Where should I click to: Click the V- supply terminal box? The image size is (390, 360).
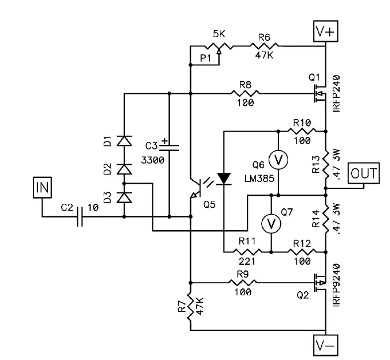coord(325,345)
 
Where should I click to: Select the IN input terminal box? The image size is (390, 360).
coord(42,187)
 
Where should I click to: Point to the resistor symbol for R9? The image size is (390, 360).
coord(245,282)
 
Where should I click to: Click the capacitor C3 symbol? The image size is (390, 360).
coord(170,146)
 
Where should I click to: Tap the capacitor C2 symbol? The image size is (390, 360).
coord(81,217)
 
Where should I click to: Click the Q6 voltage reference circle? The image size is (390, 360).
coord(278,161)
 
